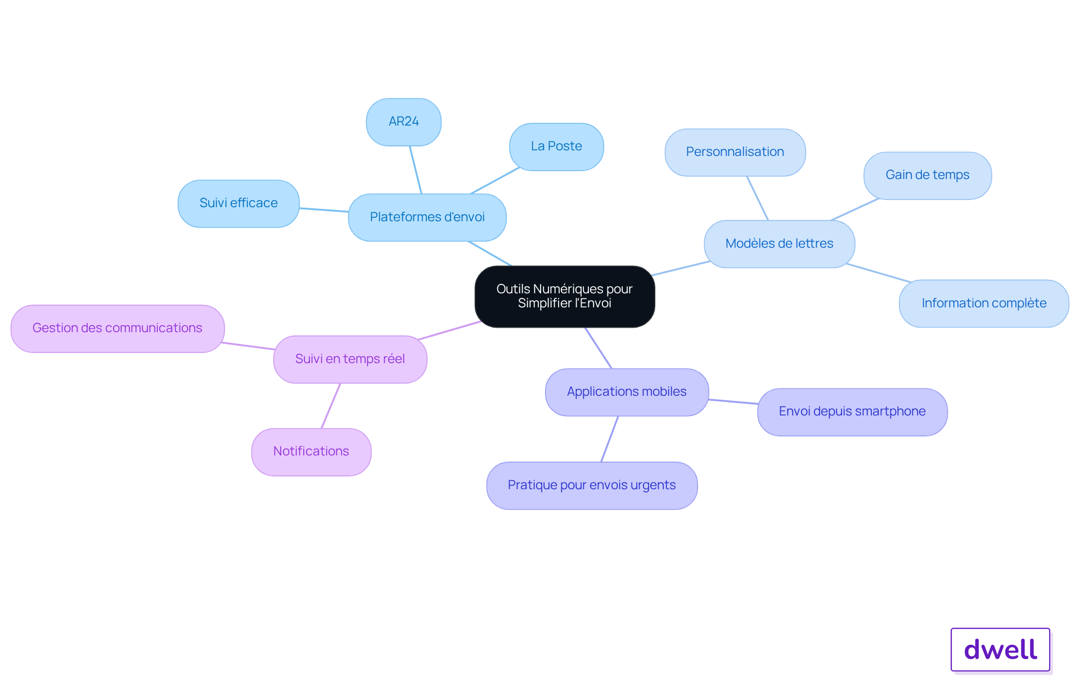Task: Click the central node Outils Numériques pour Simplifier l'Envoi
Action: (565, 297)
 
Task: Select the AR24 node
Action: (404, 122)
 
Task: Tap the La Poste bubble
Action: (556, 147)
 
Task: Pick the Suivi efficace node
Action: (238, 204)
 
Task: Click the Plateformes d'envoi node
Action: (427, 218)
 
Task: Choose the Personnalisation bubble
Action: (735, 153)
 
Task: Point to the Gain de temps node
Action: (928, 176)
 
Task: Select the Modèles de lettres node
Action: (780, 244)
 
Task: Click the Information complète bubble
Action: (984, 303)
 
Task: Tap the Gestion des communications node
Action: (118, 329)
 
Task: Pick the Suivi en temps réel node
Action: (350, 360)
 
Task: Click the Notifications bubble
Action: (311, 452)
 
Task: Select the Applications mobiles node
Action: (627, 392)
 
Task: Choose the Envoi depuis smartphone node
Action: (852, 412)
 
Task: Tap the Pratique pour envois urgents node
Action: (592, 486)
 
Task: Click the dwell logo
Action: (1001, 650)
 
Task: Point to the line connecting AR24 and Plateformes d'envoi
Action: (416, 170)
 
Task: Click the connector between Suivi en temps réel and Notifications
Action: (331, 406)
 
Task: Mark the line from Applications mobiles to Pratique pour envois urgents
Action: (610, 439)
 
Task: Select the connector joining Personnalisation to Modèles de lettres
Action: (757, 198)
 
